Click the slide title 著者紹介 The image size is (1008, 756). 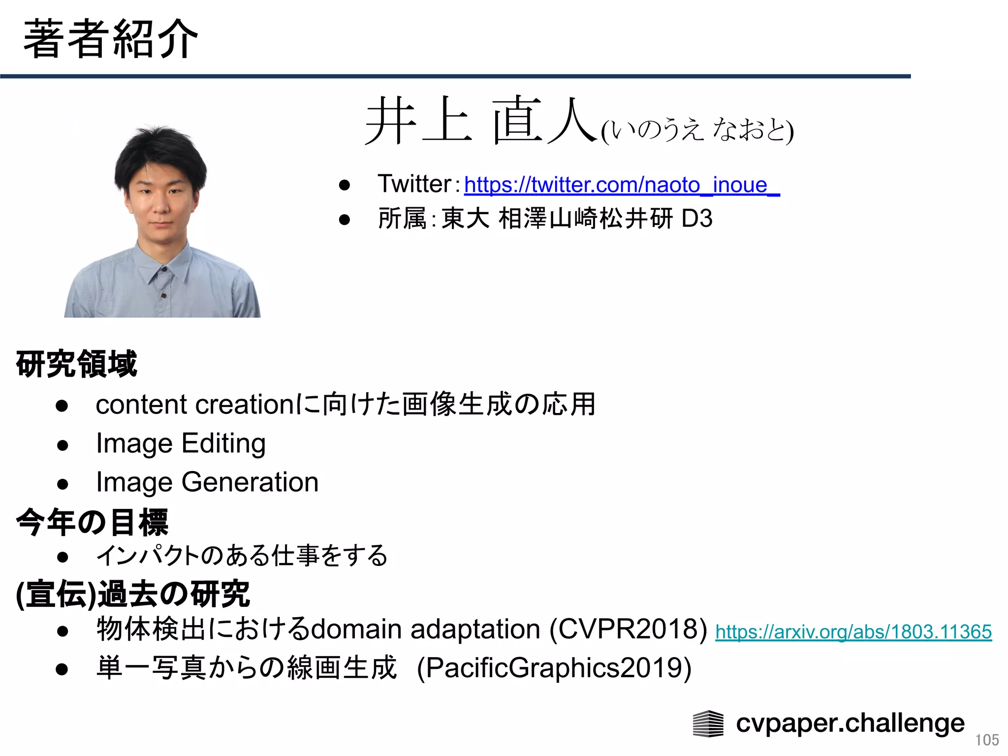110,39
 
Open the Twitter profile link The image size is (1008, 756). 621,185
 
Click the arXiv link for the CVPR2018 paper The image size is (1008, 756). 853,632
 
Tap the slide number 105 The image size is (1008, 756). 987,740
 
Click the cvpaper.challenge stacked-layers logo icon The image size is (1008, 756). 708,724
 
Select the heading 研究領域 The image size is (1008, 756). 77,364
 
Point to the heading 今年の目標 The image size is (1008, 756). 93,522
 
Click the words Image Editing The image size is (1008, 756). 181,443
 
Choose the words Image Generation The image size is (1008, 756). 207,482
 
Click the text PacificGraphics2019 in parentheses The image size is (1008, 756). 554,668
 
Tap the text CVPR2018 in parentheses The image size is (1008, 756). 628,630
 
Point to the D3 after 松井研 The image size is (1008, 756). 697,219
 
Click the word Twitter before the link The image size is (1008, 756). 414,184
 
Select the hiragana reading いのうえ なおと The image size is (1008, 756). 697,130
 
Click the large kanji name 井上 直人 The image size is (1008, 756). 480,121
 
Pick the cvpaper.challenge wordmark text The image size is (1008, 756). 850,724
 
